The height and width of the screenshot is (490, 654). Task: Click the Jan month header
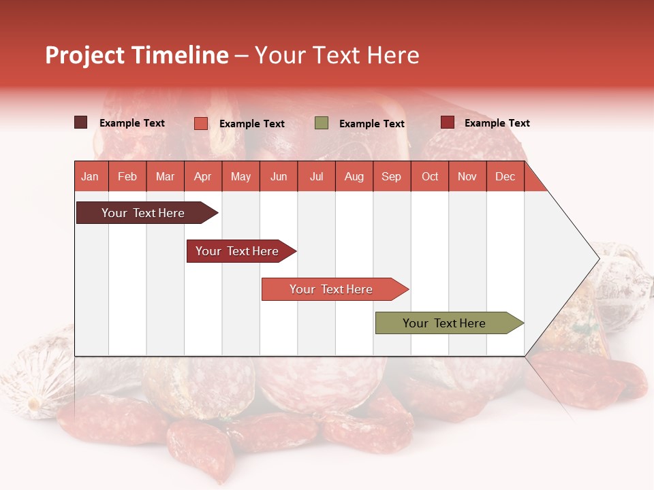pyautogui.click(x=90, y=176)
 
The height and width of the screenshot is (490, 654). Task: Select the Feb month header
pyautogui.click(x=127, y=176)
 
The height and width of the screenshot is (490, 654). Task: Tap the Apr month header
pyautogui.click(x=203, y=176)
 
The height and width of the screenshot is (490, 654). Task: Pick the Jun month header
pyautogui.click(x=279, y=176)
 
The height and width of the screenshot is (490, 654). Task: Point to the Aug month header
pyautogui.click(x=354, y=176)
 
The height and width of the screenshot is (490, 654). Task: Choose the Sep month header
pyautogui.click(x=392, y=176)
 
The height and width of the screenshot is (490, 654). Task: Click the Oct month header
pyautogui.click(x=430, y=176)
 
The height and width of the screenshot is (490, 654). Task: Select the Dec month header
pyautogui.click(x=505, y=176)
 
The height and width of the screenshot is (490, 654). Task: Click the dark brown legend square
pyautogui.click(x=81, y=122)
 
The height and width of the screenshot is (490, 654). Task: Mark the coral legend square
pyautogui.click(x=201, y=123)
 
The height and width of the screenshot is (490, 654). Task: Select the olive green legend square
pyautogui.click(x=322, y=123)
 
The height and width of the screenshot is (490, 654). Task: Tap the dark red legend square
pyautogui.click(x=448, y=122)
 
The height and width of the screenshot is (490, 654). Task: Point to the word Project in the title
pyautogui.click(x=85, y=55)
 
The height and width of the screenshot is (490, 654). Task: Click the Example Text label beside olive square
pyautogui.click(x=372, y=124)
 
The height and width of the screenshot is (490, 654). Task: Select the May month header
pyautogui.click(x=240, y=176)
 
